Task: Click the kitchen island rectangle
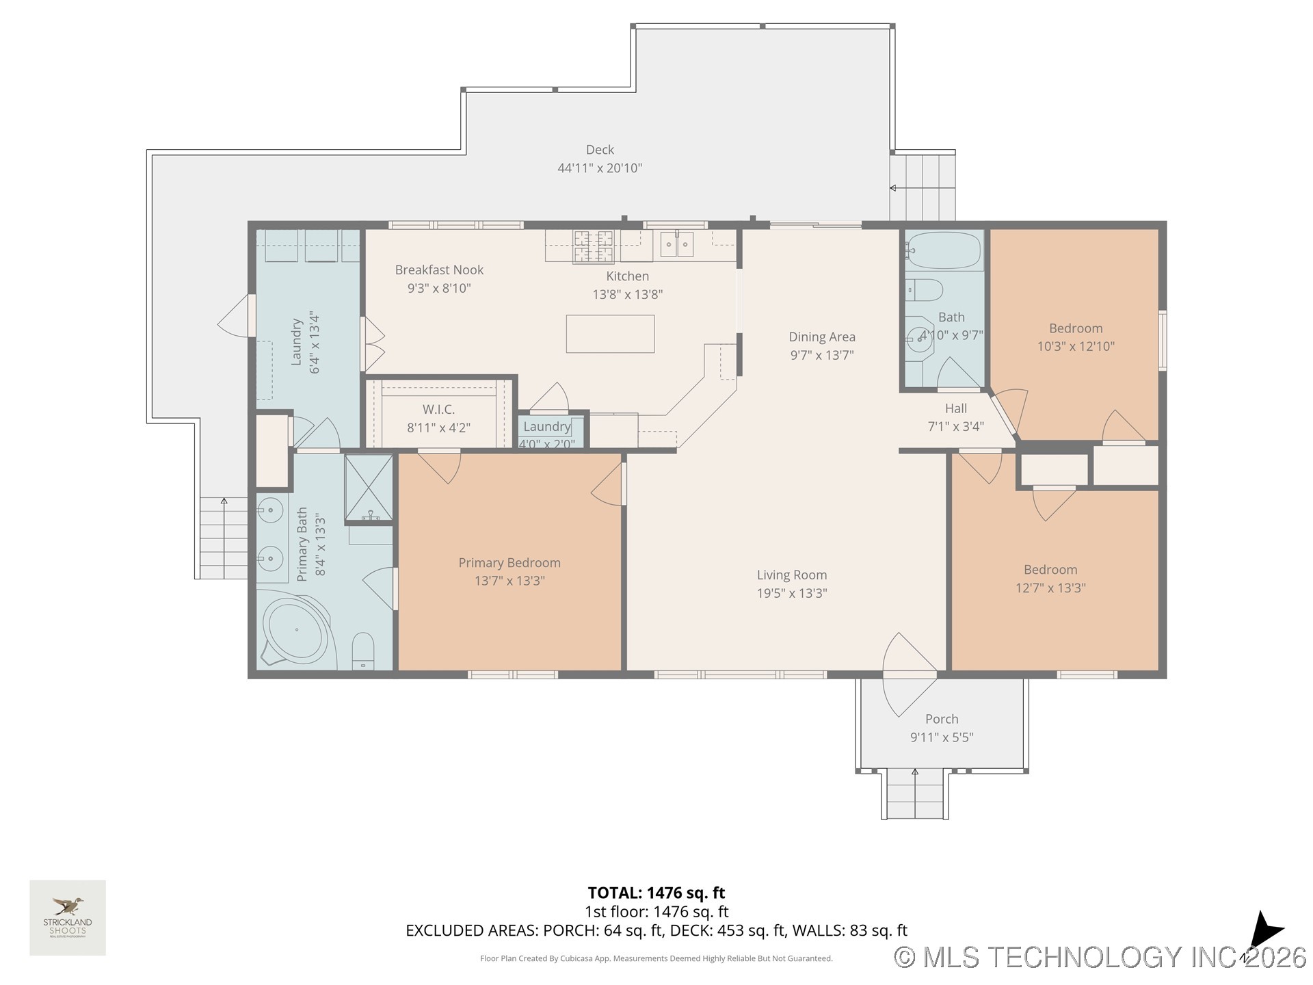(x=610, y=334)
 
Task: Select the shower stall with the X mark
(x=369, y=487)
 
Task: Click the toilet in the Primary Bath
(x=363, y=651)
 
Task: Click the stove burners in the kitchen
(x=593, y=246)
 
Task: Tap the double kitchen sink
(x=676, y=244)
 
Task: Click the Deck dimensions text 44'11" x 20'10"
(x=600, y=168)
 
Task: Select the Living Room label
(x=791, y=575)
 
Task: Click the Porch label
(x=942, y=719)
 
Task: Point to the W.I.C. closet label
(x=438, y=410)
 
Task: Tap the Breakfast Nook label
(x=439, y=270)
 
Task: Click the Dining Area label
(x=821, y=337)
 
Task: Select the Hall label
(x=955, y=408)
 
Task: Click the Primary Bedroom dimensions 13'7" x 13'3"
(x=509, y=581)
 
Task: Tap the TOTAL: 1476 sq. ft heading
(x=656, y=893)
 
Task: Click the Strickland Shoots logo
(x=68, y=917)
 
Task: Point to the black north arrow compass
(x=1264, y=930)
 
